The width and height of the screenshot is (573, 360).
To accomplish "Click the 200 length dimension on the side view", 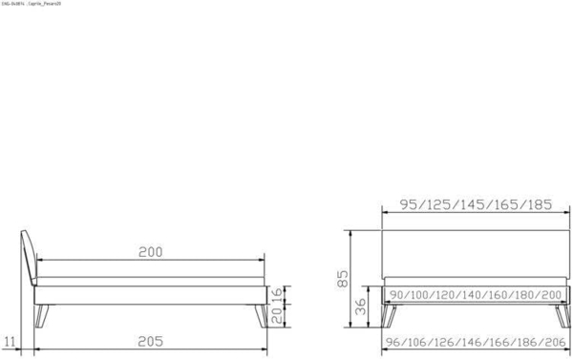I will click(150, 252).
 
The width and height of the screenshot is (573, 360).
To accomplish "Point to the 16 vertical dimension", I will click(276, 293).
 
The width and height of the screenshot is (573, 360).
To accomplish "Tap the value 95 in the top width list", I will click(411, 204).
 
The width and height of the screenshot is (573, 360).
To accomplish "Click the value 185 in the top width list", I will click(538, 204).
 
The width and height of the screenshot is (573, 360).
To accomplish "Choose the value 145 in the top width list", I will click(475, 204).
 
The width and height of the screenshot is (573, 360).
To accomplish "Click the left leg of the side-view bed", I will click(40, 315).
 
